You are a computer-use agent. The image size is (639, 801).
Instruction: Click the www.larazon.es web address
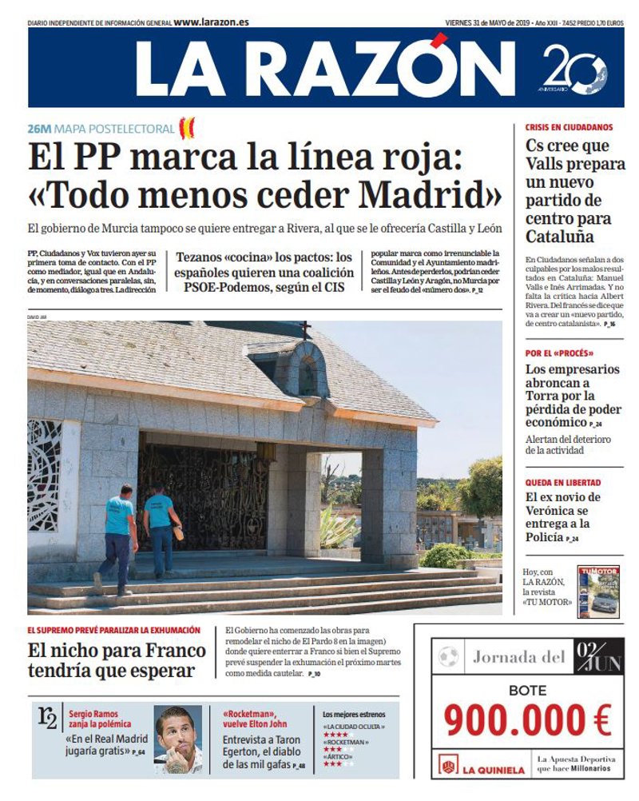pos(211,22)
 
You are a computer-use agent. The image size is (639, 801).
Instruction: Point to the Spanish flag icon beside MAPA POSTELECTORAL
pos(187,127)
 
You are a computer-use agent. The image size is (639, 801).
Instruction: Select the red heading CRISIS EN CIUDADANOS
pos(569,127)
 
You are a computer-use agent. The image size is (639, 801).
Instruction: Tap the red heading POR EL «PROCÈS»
pos(558,353)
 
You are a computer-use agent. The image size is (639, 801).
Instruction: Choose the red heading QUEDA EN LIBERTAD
pos(562,483)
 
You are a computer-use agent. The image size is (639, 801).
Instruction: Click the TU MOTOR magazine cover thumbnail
pos(598,592)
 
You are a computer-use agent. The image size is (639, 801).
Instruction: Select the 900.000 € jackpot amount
pos(527,719)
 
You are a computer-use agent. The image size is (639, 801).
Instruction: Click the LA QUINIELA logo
pos(482,768)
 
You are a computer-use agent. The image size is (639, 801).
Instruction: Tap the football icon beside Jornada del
pos(448,657)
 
